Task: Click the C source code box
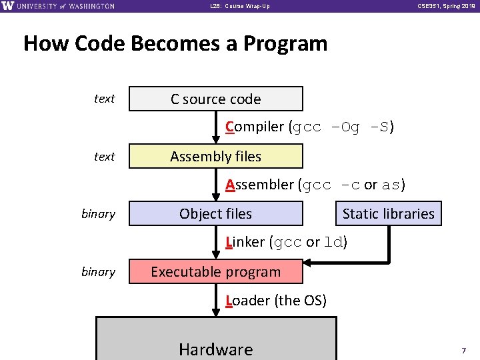[215, 99]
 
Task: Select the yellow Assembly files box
[215, 157]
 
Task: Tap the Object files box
[215, 214]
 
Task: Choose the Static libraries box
[388, 214]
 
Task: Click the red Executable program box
[215, 272]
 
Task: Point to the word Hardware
[216, 349]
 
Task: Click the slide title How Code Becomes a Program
[175, 44]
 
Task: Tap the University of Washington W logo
[8, 6]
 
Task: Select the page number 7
[463, 349]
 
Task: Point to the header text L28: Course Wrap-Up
[240, 6]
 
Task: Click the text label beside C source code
[104, 99]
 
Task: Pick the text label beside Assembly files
[104, 157]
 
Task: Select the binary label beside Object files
[98, 214]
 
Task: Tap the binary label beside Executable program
[98, 272]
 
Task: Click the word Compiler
[255, 127]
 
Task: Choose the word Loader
[248, 301]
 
